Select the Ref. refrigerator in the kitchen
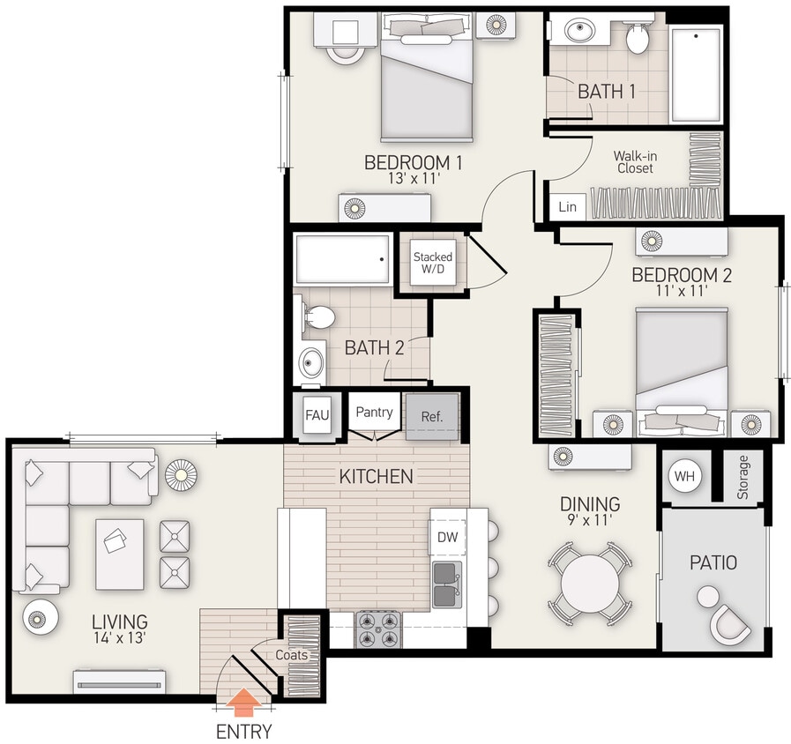click(431, 415)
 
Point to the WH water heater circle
click(684, 476)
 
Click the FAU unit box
click(317, 415)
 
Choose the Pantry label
click(374, 412)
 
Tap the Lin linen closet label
click(567, 207)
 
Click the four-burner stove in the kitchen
click(377, 629)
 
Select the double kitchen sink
click(446, 584)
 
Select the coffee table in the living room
click(119, 554)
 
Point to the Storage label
click(742, 477)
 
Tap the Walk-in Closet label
click(635, 161)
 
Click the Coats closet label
click(291, 655)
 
